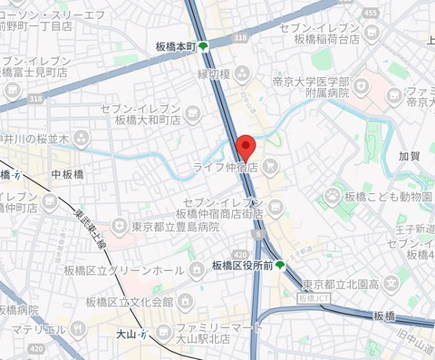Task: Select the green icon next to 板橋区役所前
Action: [280, 265]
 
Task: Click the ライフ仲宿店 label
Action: [224, 168]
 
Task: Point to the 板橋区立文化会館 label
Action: [129, 301]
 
